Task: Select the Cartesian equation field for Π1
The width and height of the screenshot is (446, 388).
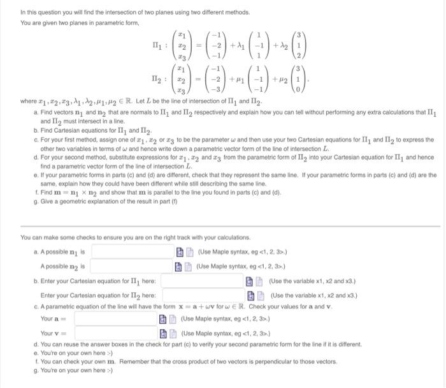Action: [x=202, y=281]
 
